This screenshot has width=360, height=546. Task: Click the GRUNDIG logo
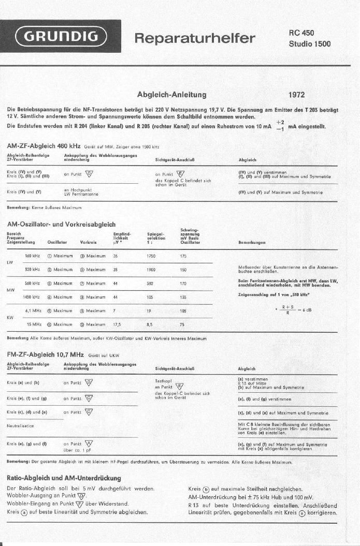pos(61,37)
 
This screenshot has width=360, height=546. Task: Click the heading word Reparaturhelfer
pos(195,38)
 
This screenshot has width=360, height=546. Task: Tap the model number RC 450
pos(301,33)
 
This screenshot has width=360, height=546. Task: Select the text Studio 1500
pos(309,43)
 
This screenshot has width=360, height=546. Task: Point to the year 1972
pos(296,95)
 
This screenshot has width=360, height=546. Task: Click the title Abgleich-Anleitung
pos(172,95)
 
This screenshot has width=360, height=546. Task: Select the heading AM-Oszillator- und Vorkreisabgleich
pos(61,224)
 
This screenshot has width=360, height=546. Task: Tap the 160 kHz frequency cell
pos(33,256)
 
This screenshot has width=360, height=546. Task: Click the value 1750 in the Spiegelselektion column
pos(151,256)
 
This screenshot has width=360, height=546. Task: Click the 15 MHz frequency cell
pos(34,324)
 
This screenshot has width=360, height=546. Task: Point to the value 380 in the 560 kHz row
pos(150,283)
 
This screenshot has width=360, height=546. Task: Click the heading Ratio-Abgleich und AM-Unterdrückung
pos(63,478)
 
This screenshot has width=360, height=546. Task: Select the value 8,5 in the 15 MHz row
pos(150,324)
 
